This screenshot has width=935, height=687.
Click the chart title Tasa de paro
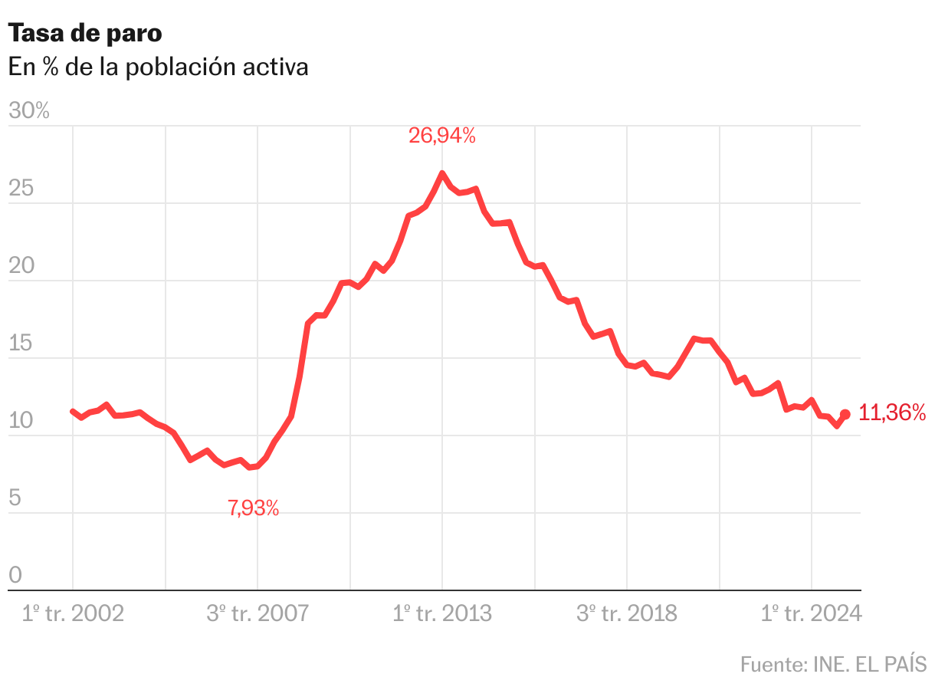click(84, 33)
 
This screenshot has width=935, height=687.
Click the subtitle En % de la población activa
click(158, 67)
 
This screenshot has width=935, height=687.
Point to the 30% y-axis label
click(29, 111)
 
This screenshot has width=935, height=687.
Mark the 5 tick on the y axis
click(15, 498)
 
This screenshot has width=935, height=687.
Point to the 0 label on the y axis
click(15, 576)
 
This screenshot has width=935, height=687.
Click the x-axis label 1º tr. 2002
click(73, 613)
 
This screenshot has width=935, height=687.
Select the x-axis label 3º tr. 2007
click(258, 613)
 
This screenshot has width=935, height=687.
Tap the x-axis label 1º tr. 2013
click(442, 613)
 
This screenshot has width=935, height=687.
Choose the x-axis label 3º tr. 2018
click(627, 613)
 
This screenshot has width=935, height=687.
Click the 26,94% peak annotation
click(442, 136)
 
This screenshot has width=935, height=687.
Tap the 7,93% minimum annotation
click(254, 508)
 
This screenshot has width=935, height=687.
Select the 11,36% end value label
click(892, 413)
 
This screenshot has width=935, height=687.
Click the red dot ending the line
click(845, 414)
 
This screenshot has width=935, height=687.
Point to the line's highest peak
click(442, 173)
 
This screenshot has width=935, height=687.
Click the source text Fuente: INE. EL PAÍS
click(833, 663)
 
